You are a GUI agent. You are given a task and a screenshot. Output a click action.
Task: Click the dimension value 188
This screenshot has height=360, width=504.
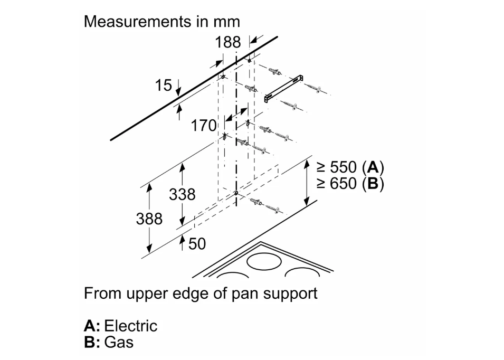227,42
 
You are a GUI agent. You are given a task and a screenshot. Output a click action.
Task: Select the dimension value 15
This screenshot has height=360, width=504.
164,85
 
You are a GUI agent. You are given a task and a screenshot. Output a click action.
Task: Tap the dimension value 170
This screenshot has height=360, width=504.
204,126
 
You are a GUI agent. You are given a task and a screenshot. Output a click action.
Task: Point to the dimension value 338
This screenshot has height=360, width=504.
182,194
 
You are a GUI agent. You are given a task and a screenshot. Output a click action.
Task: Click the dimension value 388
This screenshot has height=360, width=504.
149,219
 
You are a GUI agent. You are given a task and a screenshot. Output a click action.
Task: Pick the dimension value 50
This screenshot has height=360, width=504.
197,243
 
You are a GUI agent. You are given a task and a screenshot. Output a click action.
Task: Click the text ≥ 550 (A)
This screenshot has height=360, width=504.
350,168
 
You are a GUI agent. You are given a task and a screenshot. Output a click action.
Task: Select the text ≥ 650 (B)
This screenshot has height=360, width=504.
350,184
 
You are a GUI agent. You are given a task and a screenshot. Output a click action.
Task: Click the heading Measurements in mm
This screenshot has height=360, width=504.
161,22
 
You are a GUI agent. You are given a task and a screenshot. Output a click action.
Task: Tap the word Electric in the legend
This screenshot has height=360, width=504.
130,326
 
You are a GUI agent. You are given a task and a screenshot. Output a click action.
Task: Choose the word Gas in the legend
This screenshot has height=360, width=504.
119,342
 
